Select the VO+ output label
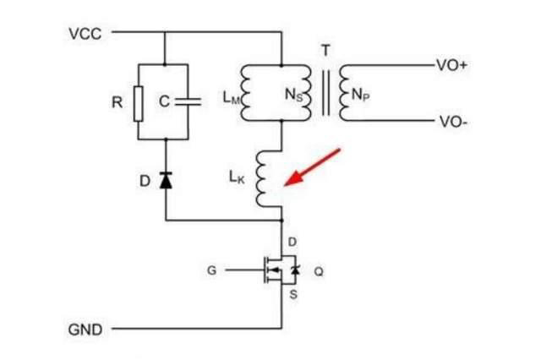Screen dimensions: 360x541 (451, 65)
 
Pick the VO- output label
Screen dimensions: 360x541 (450, 122)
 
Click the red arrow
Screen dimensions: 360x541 (313, 166)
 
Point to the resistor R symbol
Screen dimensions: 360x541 (139, 102)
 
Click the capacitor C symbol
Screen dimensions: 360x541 (192, 101)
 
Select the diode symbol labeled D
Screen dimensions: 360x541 (166, 180)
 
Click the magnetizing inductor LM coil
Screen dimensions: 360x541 (248, 93)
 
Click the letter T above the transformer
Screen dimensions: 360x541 (325, 49)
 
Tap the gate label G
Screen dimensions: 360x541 (212, 271)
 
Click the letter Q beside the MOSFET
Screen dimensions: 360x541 (319, 271)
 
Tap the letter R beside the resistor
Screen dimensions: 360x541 (118, 102)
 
